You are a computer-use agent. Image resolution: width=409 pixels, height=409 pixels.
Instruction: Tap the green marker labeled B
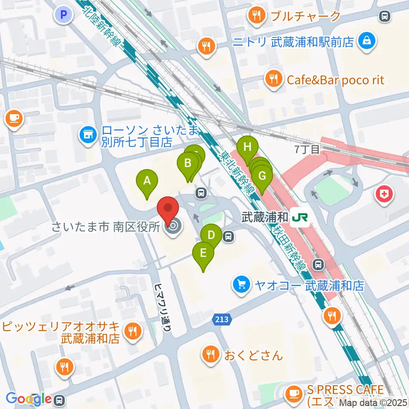pyautogui.click(x=187, y=163)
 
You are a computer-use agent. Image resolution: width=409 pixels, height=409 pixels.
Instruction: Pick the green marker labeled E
pyautogui.click(x=203, y=253)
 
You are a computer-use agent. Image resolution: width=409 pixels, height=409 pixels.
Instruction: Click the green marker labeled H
pyautogui.click(x=248, y=147)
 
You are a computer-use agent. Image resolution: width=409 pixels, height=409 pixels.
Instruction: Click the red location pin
pyautogui.click(x=168, y=210)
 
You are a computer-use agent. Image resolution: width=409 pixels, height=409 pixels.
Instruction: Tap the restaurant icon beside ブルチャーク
pyautogui.click(x=257, y=16)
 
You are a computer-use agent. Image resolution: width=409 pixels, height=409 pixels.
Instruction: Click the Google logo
pyautogui.click(x=28, y=398)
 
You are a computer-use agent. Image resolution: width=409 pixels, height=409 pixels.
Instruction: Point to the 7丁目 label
pyautogui.click(x=307, y=149)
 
